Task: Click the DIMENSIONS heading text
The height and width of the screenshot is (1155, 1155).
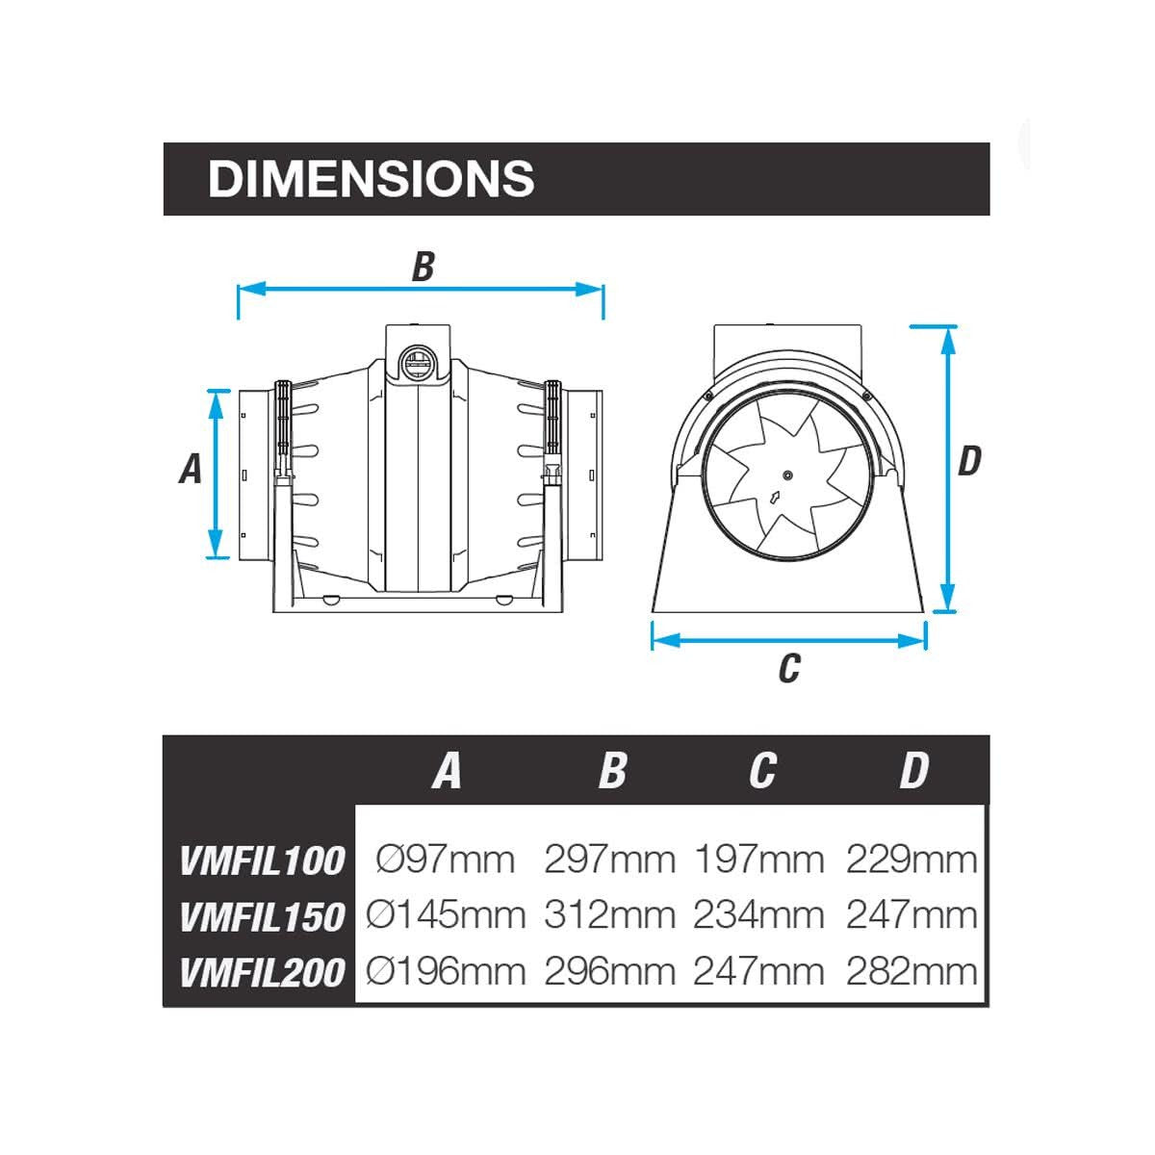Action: tap(371, 179)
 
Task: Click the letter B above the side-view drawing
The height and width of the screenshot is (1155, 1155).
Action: tap(423, 267)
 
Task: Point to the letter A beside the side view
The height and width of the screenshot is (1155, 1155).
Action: tap(192, 469)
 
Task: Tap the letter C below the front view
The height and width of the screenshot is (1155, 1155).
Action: tap(789, 667)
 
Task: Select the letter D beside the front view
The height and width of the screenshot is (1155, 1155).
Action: tap(969, 461)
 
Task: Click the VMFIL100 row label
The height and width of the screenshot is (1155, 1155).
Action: tap(262, 860)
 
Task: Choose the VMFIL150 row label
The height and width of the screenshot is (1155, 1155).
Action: tap(262, 916)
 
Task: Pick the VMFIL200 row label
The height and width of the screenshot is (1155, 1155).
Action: tap(262, 972)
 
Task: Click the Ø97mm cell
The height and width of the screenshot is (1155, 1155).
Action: tap(446, 859)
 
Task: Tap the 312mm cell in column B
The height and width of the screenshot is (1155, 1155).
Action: tap(609, 914)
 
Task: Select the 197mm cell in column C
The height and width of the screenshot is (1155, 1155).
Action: tap(759, 859)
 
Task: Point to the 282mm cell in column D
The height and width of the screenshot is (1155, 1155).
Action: tap(911, 971)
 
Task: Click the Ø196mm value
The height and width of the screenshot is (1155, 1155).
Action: tap(446, 971)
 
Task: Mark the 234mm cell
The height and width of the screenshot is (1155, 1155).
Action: tap(759, 914)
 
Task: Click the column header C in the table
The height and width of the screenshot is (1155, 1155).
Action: tap(762, 771)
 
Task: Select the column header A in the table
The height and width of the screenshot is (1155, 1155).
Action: tap(447, 771)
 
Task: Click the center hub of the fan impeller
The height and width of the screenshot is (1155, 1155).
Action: tap(787, 475)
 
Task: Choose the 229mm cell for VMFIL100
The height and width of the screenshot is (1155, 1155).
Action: tap(911, 859)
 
